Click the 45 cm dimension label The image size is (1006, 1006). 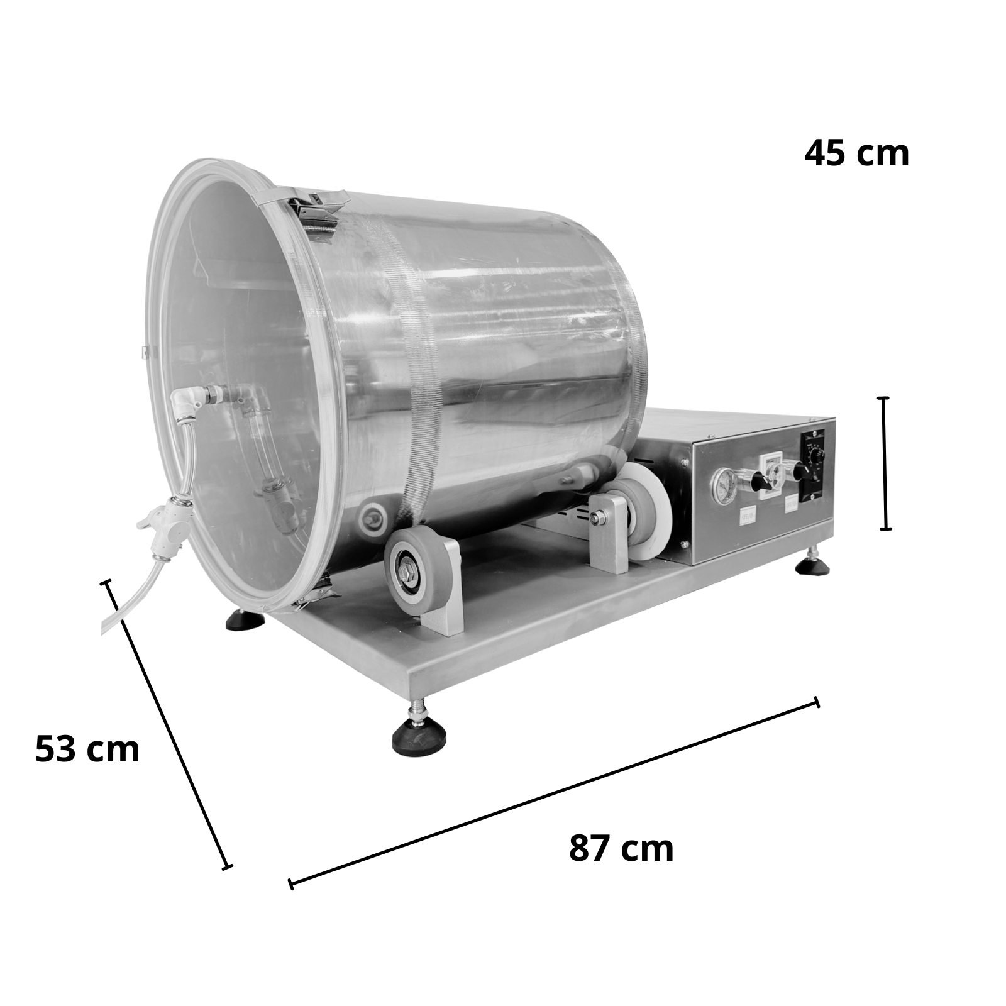click(856, 153)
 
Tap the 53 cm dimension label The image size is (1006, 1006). click(87, 749)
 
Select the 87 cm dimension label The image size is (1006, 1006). click(621, 848)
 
